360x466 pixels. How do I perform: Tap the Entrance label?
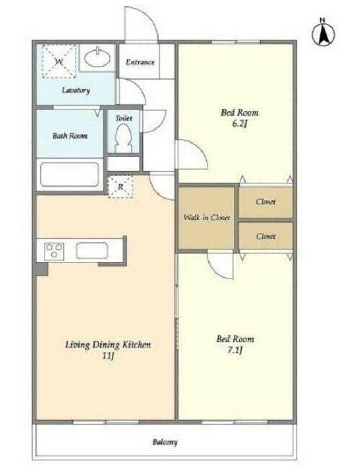[x=140, y=62]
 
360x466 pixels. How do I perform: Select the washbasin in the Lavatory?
[x=97, y=58]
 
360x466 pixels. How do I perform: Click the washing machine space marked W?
[x=59, y=61]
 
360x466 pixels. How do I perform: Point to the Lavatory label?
[x=76, y=90]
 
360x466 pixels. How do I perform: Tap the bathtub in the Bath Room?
[x=69, y=175]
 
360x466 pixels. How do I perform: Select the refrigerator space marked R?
[x=120, y=187]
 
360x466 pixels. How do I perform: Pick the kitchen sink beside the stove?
[x=92, y=251]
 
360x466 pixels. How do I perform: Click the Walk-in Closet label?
[x=207, y=218]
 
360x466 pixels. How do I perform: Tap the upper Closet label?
[x=266, y=202]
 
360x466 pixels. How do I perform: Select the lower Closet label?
[x=266, y=236]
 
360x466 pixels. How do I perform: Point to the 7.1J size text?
[x=235, y=350]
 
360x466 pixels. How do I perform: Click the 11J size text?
[x=108, y=355]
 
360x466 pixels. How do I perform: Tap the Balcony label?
[x=165, y=442]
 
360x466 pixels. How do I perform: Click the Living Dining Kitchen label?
[x=108, y=345]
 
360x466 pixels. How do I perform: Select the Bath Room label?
[x=70, y=136]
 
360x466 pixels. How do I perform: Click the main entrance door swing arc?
[x=148, y=15]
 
